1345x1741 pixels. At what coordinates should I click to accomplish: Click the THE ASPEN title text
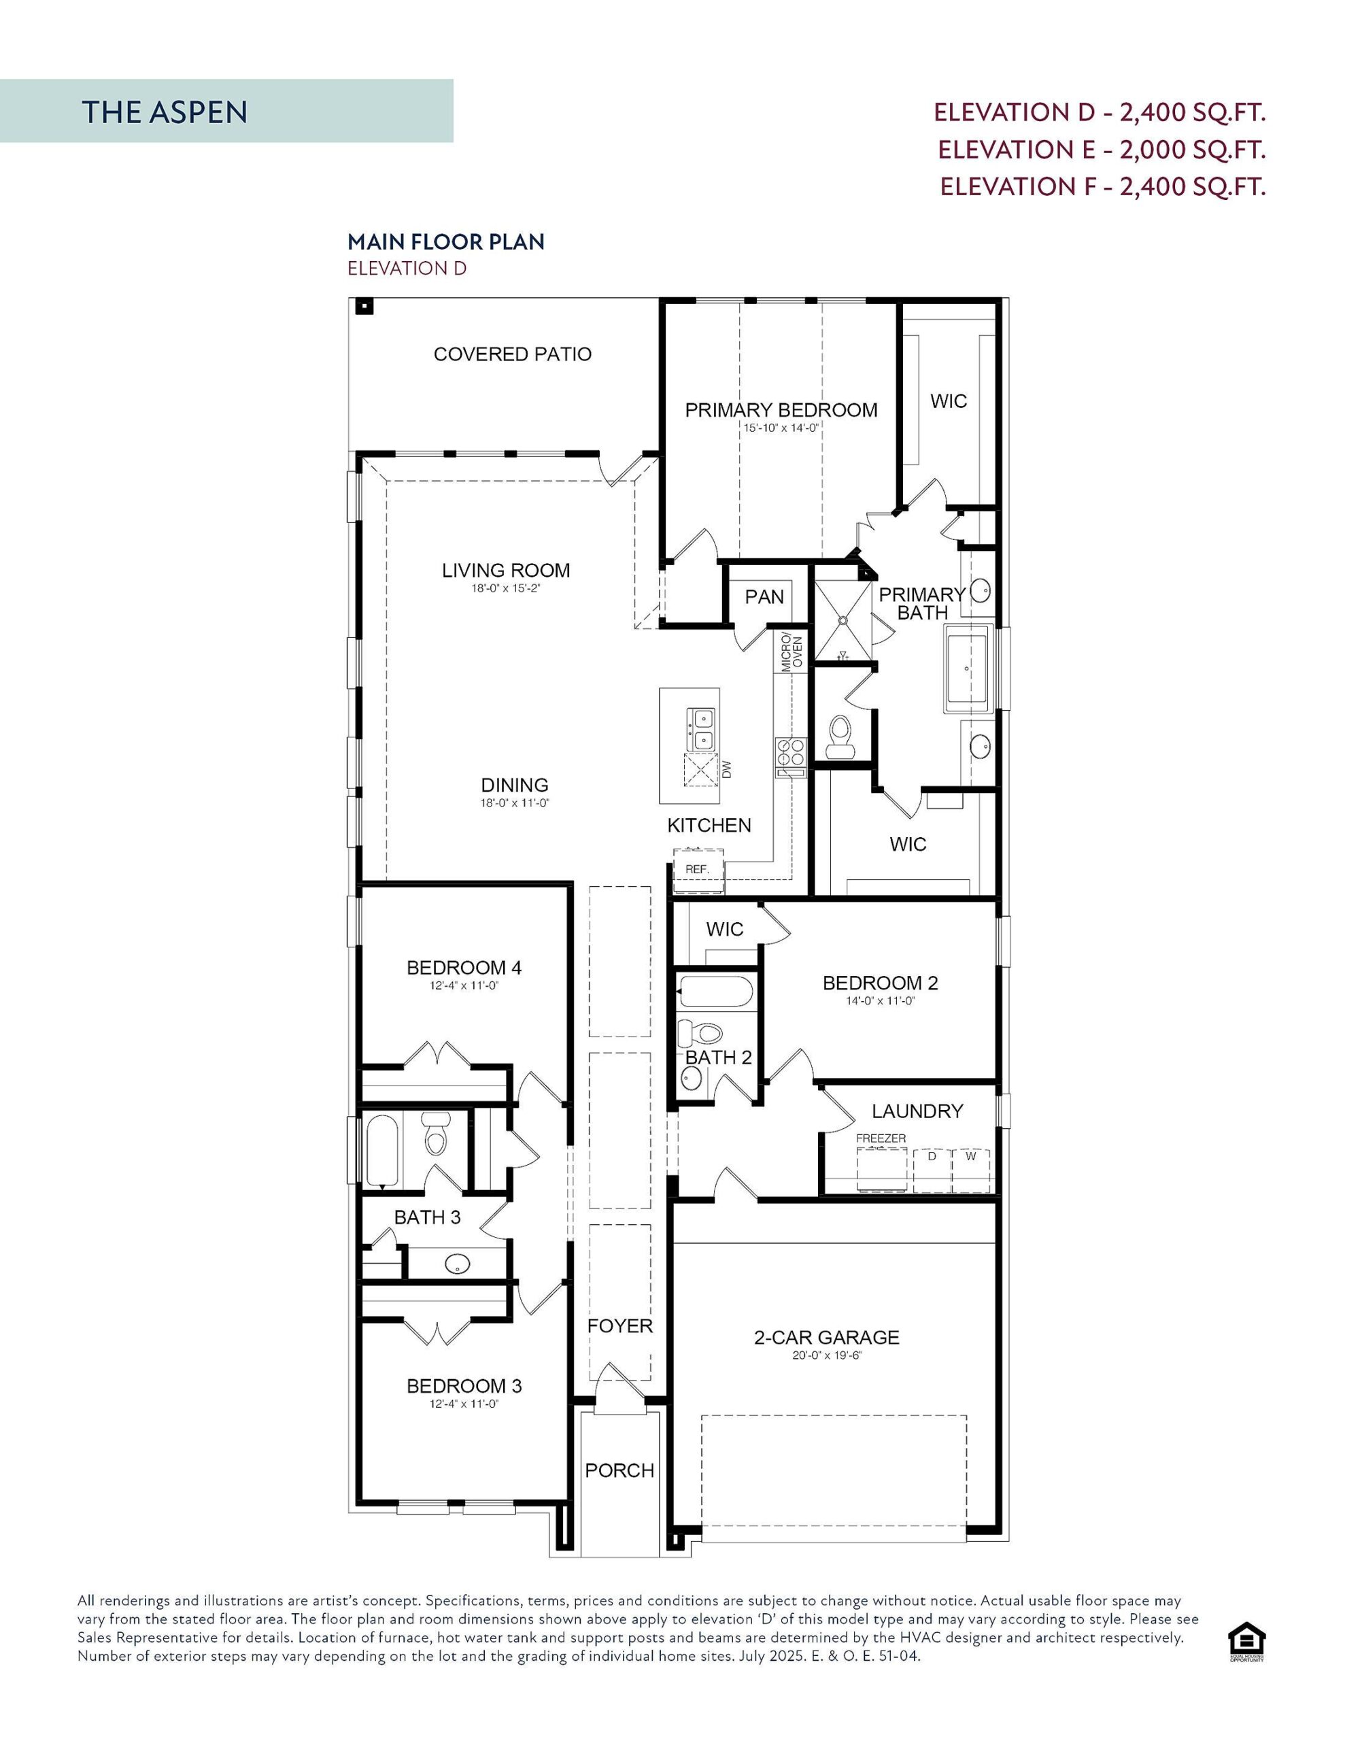click(x=165, y=112)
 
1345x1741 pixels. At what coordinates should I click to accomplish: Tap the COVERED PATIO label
click(x=512, y=354)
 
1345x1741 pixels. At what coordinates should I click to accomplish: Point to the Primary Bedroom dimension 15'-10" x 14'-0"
click(x=781, y=428)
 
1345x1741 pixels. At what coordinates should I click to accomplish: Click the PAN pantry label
click(x=764, y=597)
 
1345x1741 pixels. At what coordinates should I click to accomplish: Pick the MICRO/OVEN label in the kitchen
click(x=791, y=652)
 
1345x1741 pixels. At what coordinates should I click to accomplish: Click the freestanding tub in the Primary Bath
click(x=967, y=668)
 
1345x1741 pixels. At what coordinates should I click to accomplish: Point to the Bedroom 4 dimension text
click(x=463, y=986)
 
